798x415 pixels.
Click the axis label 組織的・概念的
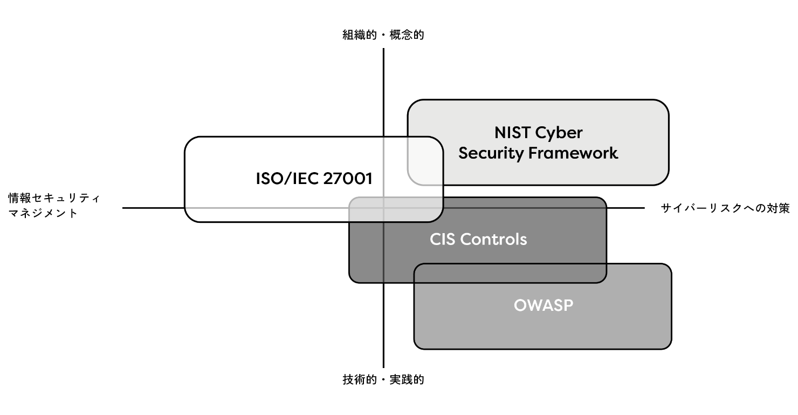click(383, 36)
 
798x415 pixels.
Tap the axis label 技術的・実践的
click(383, 379)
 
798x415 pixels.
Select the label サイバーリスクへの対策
click(725, 209)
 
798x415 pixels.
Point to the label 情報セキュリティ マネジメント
click(54, 206)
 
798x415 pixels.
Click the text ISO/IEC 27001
click(314, 179)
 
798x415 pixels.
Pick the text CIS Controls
click(478, 239)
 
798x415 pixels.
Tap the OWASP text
click(543, 305)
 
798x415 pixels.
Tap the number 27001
click(348, 179)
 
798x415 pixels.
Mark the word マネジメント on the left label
click(43, 213)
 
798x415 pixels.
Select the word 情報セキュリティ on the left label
click(54, 198)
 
